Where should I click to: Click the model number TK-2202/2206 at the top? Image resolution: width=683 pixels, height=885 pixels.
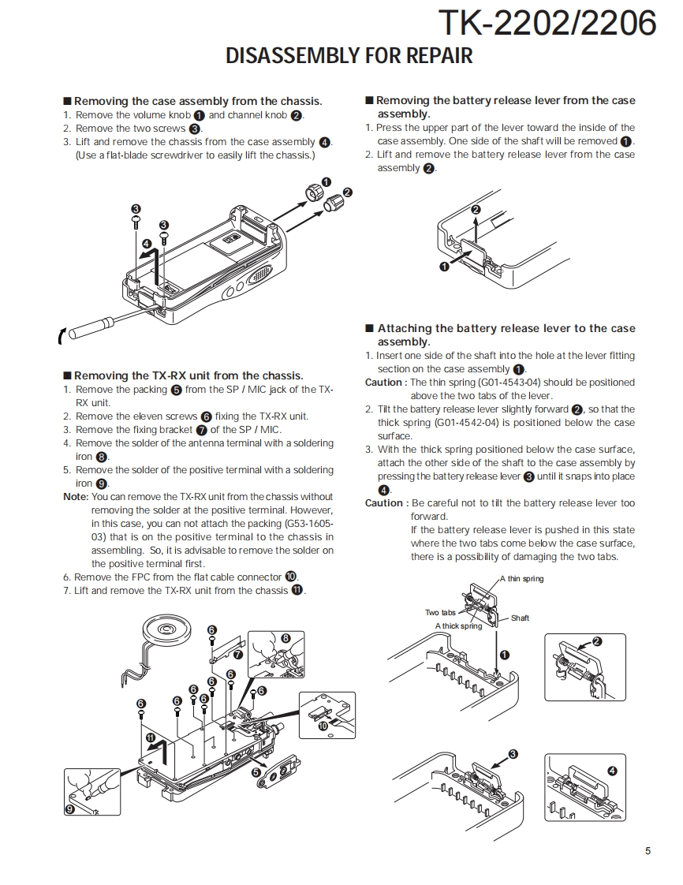547,23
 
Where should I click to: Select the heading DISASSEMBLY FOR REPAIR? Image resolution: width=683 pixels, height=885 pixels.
349,56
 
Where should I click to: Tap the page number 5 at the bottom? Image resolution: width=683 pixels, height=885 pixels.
648,850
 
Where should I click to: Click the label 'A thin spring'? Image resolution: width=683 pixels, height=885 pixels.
521,579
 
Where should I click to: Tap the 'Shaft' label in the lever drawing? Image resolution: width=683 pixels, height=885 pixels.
520,618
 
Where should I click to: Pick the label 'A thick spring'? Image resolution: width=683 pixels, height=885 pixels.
458,626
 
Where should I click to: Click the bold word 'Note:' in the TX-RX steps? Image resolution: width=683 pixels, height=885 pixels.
76,497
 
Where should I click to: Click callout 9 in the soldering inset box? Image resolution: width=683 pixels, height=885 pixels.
69,808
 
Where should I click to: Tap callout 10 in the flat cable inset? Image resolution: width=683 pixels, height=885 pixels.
323,726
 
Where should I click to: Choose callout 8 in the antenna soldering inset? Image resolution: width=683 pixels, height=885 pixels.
286,638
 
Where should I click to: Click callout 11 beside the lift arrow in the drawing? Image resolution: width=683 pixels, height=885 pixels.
151,737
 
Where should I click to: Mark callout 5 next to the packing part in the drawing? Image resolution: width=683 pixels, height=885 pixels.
256,773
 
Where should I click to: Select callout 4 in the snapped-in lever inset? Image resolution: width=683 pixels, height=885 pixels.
612,771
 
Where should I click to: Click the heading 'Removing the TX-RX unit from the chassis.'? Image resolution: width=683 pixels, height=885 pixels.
188,376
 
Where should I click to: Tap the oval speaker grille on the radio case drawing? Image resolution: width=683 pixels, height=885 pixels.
258,278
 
